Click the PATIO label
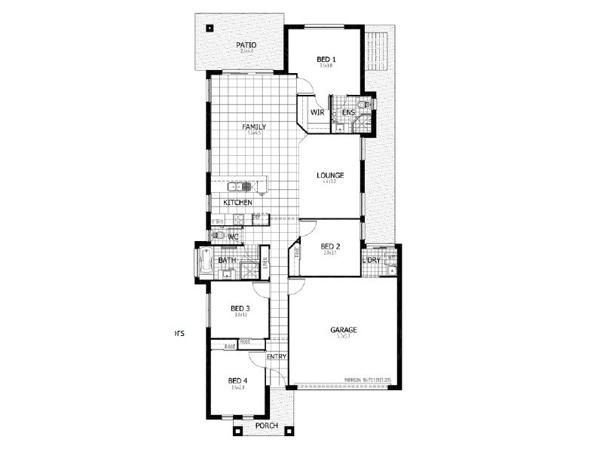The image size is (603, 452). [x=246, y=45]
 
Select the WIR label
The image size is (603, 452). [x=317, y=113]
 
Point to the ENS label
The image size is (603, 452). [x=348, y=113]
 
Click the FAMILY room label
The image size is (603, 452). [x=254, y=127]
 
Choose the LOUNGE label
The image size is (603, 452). [x=330, y=176]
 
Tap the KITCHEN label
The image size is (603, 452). [x=237, y=203]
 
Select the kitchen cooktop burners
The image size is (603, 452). [x=238, y=220]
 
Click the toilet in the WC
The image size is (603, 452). [x=216, y=235]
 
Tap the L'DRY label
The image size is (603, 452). [x=372, y=261]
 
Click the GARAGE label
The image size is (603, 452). [x=344, y=330]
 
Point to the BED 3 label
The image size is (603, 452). [x=240, y=308]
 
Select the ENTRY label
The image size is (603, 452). [x=277, y=356]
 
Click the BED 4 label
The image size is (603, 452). [x=237, y=380]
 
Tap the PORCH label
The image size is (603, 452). [x=266, y=426]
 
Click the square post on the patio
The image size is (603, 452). [x=210, y=29]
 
